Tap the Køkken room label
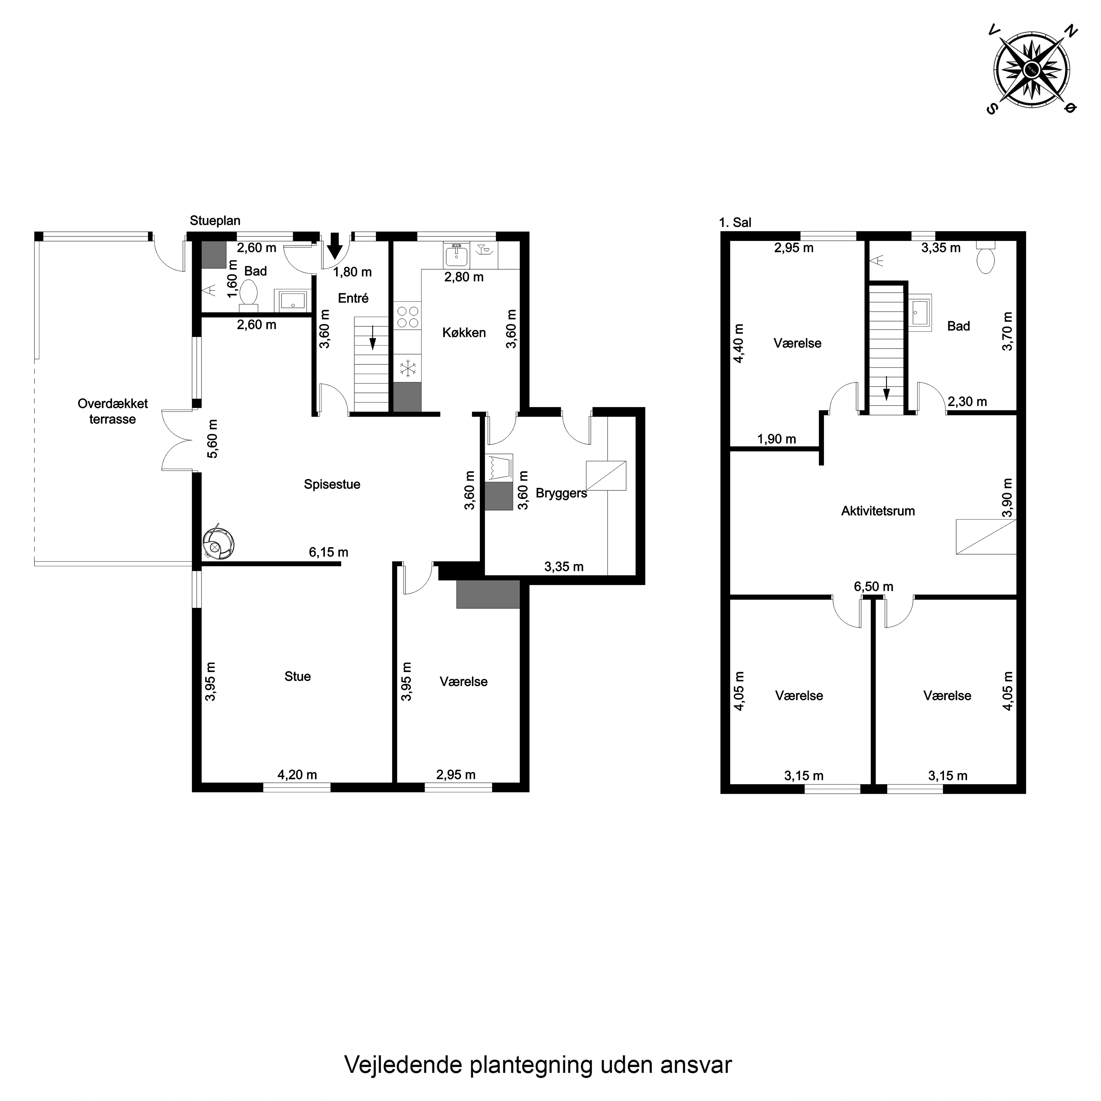click(x=464, y=333)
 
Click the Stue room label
click(x=298, y=676)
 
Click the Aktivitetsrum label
click(x=878, y=511)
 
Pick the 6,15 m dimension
click(x=328, y=552)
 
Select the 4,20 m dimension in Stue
click(x=297, y=775)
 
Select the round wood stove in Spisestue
click(x=218, y=543)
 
